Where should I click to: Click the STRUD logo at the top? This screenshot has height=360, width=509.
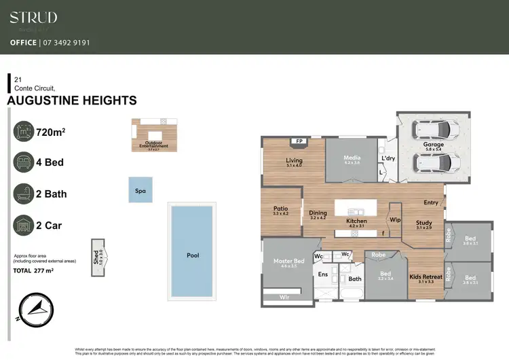click(x=33, y=18)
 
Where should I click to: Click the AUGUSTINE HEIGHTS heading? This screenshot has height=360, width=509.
click(x=71, y=101)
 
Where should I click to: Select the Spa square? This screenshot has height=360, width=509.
click(x=140, y=191)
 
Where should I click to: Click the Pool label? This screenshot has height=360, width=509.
click(x=193, y=255)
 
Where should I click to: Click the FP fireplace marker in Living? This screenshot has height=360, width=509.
click(x=298, y=142)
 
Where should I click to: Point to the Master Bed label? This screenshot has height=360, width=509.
click(x=288, y=261)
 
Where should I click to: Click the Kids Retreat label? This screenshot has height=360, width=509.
click(x=426, y=276)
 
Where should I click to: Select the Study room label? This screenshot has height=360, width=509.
click(x=424, y=223)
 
